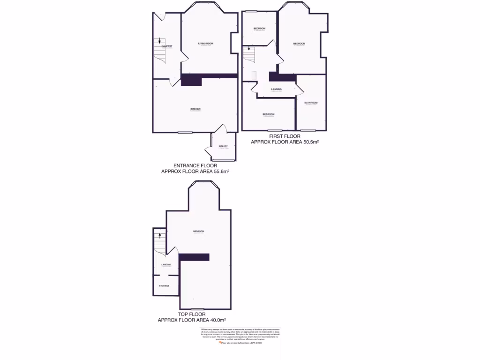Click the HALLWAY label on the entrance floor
point(167,46)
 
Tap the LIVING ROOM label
point(205,43)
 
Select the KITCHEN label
point(195,109)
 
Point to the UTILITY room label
point(223,146)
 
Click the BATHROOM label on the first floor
point(311,103)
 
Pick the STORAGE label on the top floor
point(164,285)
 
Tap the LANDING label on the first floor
point(276,89)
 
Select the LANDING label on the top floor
point(166,265)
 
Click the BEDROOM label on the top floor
point(198,231)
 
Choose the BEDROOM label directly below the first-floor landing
point(268,114)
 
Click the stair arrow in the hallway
point(160,41)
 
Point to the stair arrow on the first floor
point(249,48)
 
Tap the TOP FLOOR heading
point(191,314)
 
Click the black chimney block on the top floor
point(194,257)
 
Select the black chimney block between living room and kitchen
point(191,80)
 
